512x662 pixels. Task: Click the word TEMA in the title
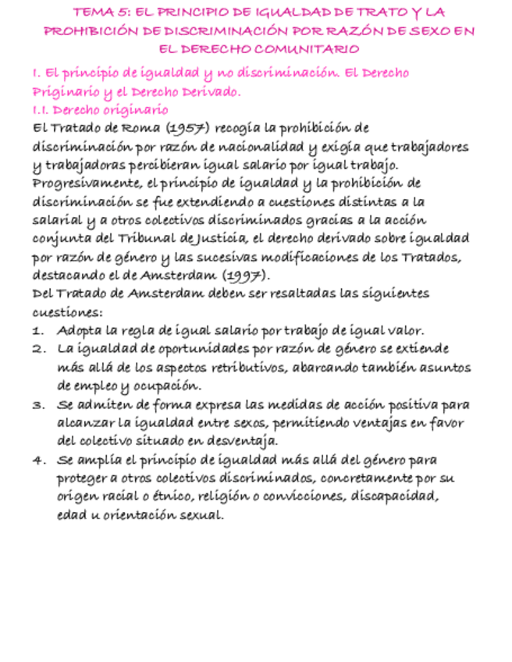[x=90, y=12]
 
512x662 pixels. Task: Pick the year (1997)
[x=245, y=276]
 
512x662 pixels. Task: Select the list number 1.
[x=37, y=330]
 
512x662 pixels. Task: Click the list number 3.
[x=37, y=405]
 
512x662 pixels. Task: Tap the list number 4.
[x=37, y=461]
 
